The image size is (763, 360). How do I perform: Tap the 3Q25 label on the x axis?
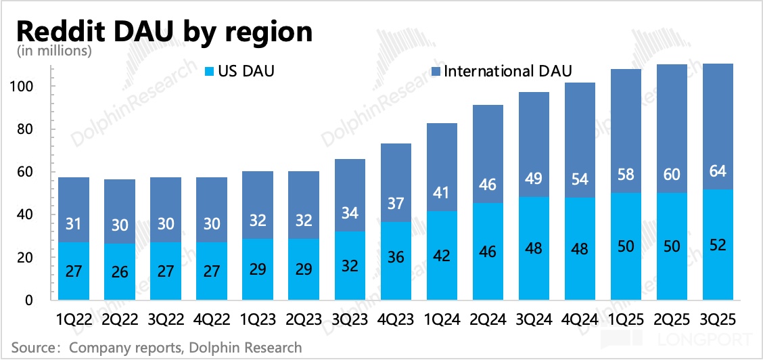pyautogui.click(x=718, y=319)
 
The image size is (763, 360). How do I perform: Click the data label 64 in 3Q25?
pyautogui.click(x=718, y=171)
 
